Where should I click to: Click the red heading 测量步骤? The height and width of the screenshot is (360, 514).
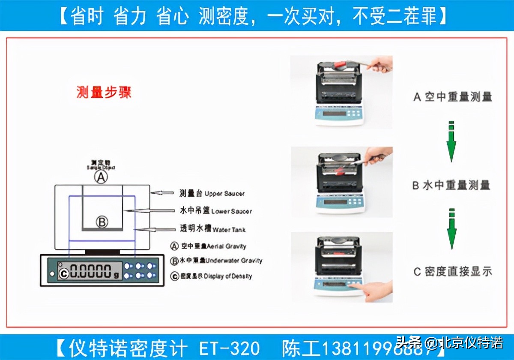coord(104,92)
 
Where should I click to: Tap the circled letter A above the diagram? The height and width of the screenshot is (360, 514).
coord(101,177)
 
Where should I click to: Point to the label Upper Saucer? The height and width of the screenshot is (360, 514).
coord(212,194)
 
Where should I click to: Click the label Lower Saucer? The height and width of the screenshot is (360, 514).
coord(216,211)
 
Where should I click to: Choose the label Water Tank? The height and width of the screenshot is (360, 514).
coord(213,229)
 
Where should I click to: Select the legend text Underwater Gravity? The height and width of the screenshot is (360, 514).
coord(216,261)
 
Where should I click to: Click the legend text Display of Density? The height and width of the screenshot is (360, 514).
coord(211,276)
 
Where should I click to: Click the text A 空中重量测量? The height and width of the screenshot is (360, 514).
coord(452,97)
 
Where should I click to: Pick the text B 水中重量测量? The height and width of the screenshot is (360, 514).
coord(451,185)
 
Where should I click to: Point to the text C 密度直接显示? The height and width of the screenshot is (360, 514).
coord(452,271)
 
